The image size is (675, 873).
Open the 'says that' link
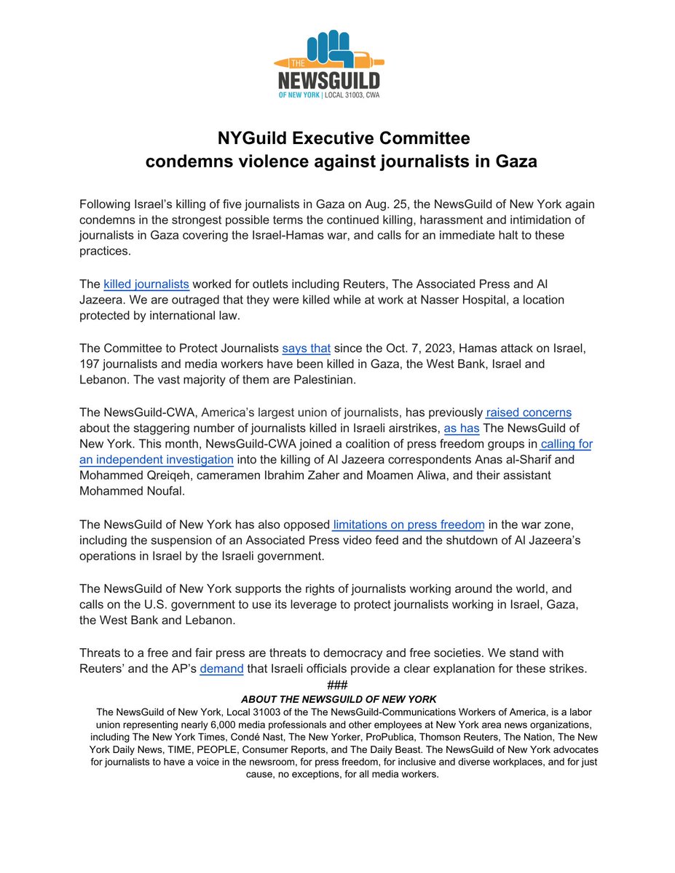click(306, 348)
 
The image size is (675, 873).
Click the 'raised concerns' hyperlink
click(529, 412)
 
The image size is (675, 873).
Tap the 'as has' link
click(461, 428)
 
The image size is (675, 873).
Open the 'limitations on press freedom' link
click(408, 524)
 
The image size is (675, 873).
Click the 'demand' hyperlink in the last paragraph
click(221, 668)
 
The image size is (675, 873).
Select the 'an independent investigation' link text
click(157, 459)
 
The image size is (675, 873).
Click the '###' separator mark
click(337, 685)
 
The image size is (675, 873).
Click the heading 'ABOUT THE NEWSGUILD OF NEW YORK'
click(338, 698)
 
